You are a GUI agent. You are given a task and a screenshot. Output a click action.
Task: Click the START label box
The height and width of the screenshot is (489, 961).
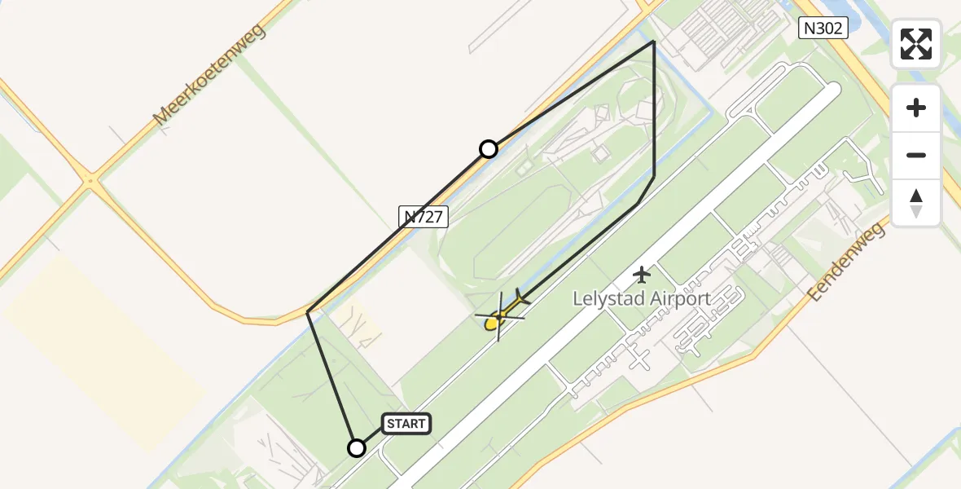click(x=406, y=424)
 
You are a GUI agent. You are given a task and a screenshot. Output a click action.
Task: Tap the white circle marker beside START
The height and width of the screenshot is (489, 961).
click(x=357, y=447)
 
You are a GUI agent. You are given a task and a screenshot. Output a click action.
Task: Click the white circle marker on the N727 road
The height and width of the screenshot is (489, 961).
click(x=489, y=148)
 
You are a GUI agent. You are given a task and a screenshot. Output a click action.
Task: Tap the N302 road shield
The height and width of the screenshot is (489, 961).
click(x=823, y=29)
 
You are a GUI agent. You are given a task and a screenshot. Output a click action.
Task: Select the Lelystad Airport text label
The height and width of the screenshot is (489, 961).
click(x=642, y=298)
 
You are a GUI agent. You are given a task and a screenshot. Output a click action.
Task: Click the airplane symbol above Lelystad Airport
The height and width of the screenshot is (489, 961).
click(x=642, y=274)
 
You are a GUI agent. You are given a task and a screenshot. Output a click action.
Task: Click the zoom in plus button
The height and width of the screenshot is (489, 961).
click(x=916, y=108)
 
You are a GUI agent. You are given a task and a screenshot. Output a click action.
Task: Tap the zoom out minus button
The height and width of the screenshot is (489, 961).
click(x=916, y=155)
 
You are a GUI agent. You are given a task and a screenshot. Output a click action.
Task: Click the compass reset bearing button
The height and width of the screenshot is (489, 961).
click(x=916, y=202)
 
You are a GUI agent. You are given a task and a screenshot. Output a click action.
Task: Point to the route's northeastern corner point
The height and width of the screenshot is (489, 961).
click(x=654, y=41)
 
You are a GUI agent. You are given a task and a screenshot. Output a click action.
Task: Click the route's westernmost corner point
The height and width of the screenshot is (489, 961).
click(x=308, y=312)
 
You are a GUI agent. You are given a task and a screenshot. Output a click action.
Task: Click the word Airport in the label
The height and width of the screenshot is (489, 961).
click(x=678, y=298)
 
